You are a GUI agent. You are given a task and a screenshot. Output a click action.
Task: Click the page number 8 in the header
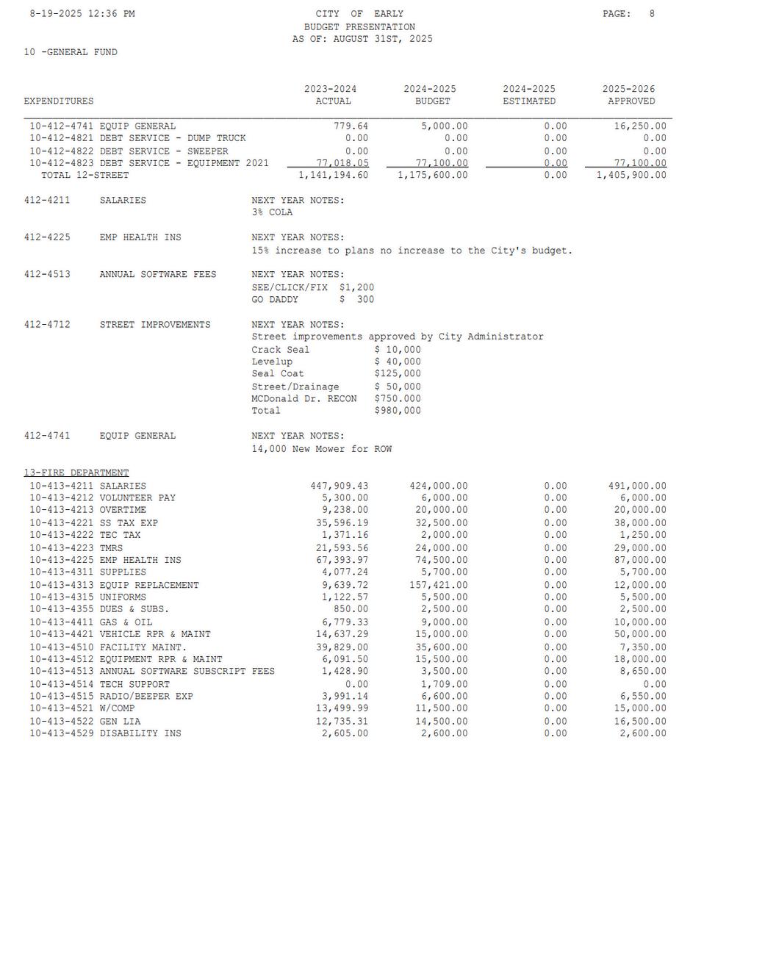coord(652,14)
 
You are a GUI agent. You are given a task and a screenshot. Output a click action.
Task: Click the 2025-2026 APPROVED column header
coord(630,96)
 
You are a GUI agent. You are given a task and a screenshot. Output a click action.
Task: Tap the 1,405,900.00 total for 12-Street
coord(631,176)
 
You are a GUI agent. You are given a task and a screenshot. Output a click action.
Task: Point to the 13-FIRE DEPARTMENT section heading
coord(76,473)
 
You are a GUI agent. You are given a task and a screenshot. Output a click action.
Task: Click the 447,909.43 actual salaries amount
coord(339,486)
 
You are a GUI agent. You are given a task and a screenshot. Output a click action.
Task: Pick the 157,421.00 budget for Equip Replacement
coord(438,586)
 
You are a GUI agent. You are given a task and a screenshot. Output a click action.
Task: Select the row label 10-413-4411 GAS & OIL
coord(90,622)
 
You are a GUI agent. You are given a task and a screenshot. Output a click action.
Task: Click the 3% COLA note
coord(272,212)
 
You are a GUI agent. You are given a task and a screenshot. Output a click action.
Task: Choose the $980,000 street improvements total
coord(398,411)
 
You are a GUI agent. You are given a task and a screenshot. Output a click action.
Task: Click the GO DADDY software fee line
coord(312,300)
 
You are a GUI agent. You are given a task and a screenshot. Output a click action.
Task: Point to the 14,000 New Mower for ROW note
coord(321,449)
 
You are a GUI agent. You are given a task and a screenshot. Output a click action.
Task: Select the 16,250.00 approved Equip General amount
coord(640,126)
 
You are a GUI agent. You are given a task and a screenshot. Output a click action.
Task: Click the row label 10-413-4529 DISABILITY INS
coord(104,733)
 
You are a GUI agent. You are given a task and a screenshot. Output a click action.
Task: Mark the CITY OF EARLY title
coord(359,14)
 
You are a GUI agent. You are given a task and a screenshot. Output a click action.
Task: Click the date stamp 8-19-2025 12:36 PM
coord(82,14)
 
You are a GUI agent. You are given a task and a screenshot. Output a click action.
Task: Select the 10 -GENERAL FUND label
coord(71,52)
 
